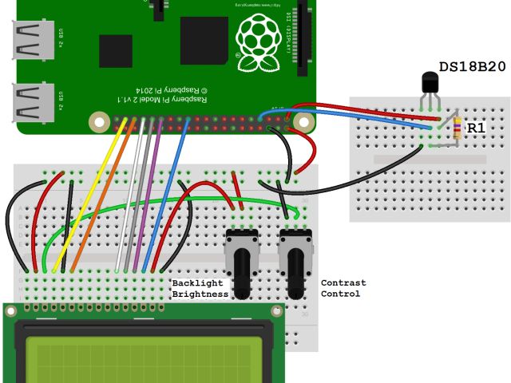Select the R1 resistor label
(476, 126)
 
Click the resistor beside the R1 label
(457, 127)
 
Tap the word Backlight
(198, 283)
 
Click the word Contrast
(343, 283)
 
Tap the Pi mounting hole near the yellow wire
(98, 122)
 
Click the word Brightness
(200, 294)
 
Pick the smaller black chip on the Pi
(116, 50)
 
